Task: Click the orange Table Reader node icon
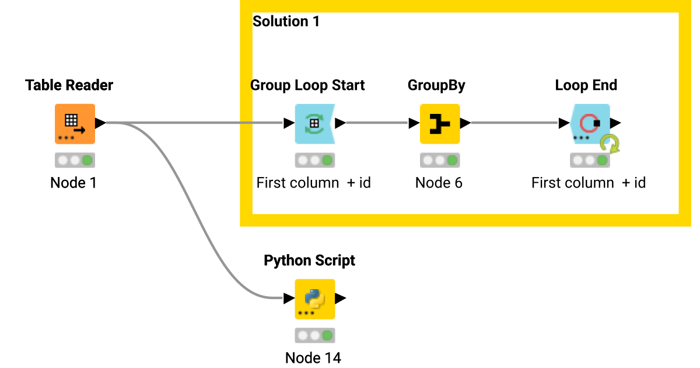(75, 124)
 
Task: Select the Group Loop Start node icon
(314, 124)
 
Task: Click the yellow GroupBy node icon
(440, 124)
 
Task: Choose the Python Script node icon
(314, 298)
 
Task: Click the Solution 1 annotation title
(286, 22)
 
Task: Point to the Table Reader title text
(69, 85)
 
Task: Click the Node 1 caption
(73, 183)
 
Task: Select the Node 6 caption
(439, 183)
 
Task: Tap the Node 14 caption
(313, 357)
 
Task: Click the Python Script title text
(309, 261)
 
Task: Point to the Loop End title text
(586, 85)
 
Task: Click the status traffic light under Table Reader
(75, 160)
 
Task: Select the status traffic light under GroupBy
(440, 160)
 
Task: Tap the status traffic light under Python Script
(314, 335)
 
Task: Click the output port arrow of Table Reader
(100, 123)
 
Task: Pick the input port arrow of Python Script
(289, 298)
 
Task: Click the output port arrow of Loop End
(615, 123)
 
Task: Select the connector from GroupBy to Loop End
(513, 123)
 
